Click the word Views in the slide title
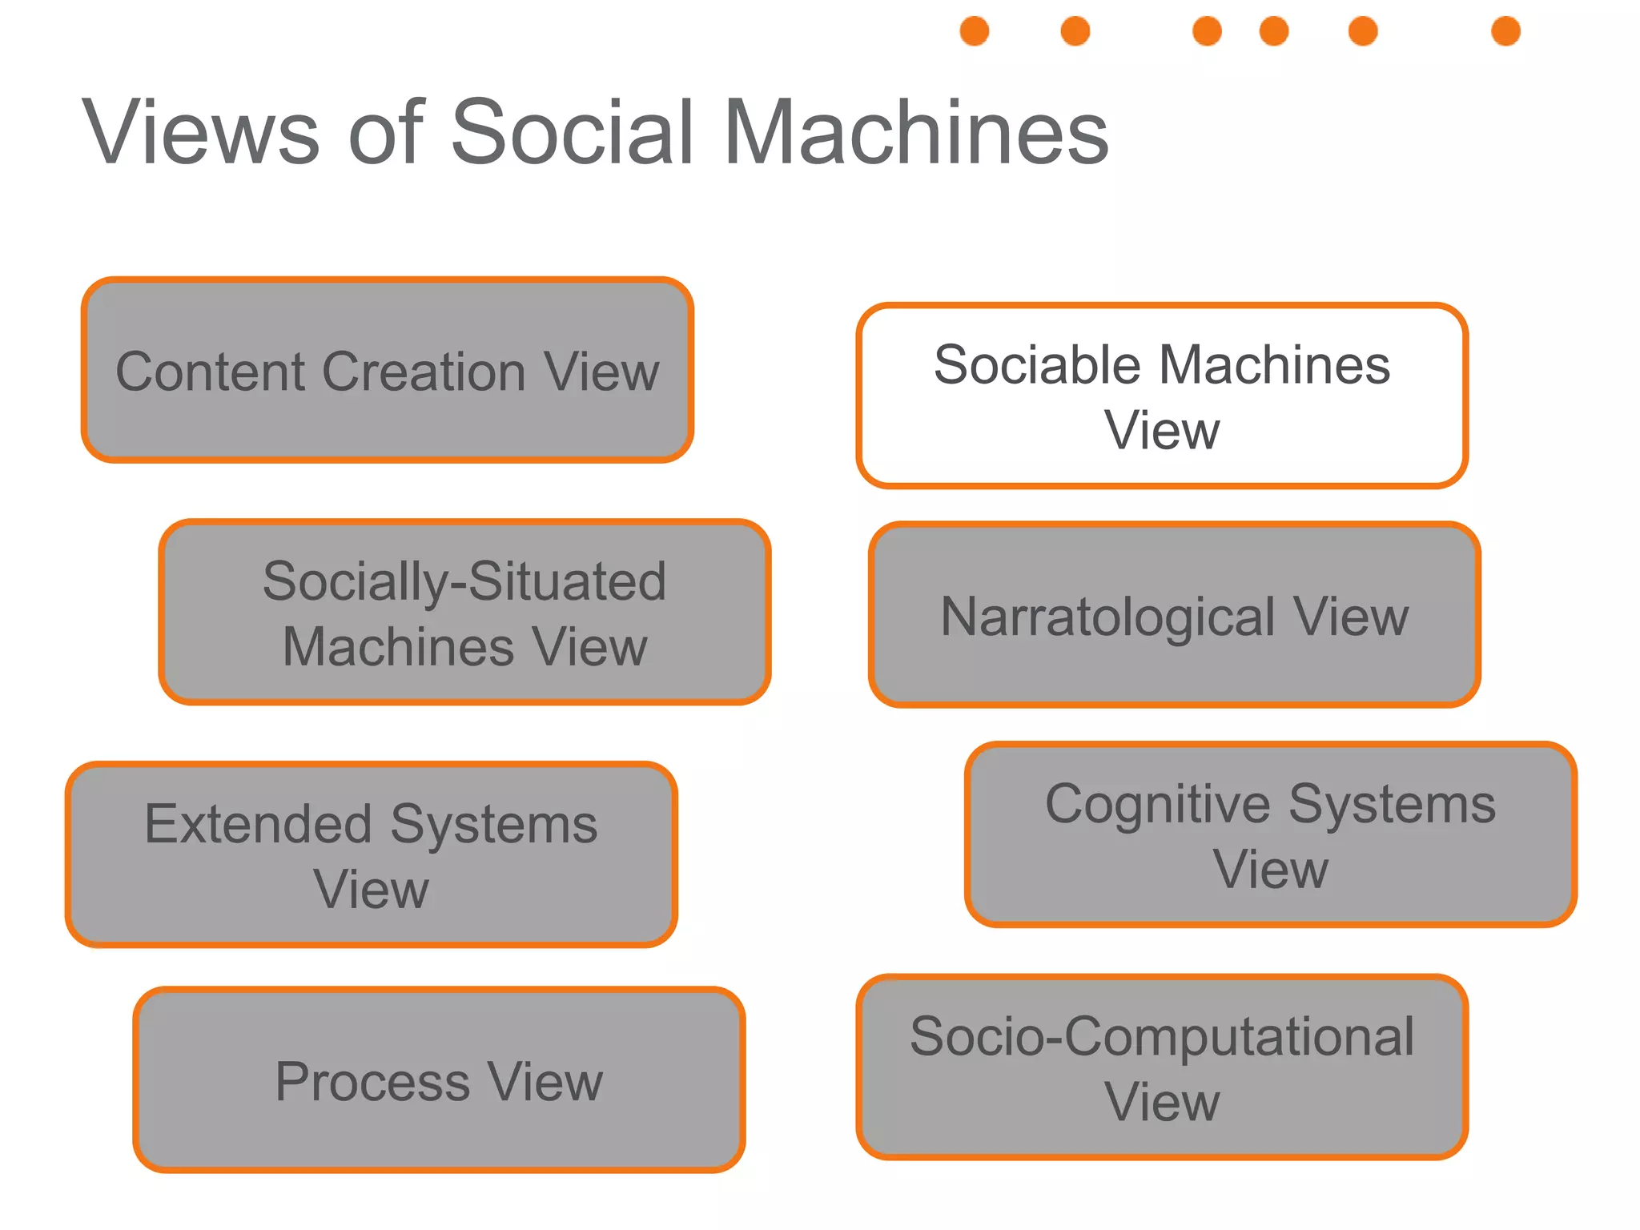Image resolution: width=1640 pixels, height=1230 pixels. [200, 132]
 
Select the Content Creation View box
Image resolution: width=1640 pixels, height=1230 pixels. [388, 370]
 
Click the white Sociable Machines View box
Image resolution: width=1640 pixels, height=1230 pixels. [1161, 396]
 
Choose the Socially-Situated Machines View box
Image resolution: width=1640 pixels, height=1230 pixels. [464, 613]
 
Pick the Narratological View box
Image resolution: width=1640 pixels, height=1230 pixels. [1174, 615]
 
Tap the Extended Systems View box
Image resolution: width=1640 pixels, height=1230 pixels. [371, 854]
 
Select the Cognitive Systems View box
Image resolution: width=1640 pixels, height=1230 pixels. [1270, 834]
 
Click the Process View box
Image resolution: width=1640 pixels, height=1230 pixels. [439, 1079]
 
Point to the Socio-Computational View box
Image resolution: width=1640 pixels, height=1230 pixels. [1161, 1067]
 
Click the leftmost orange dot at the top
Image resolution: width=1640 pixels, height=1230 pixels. [975, 31]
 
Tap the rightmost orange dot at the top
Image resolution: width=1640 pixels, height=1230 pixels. [1505, 31]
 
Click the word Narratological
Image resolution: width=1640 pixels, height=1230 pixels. [1107, 617]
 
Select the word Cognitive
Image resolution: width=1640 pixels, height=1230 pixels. [1158, 804]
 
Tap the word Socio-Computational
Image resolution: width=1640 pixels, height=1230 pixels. [1161, 1036]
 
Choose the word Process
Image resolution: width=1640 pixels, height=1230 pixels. [372, 1082]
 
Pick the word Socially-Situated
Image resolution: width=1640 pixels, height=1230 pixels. [464, 581]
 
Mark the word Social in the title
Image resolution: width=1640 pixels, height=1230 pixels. [573, 132]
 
